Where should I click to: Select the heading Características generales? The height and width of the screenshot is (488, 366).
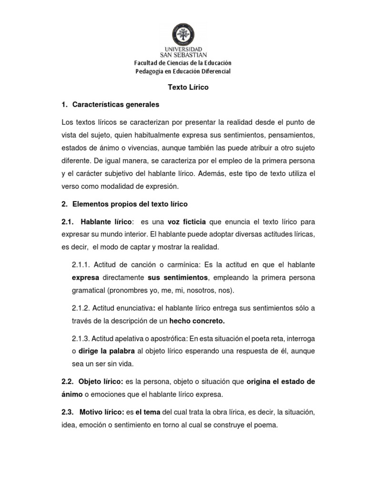(x=116, y=104)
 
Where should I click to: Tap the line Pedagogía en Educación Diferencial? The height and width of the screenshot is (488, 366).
(x=183, y=71)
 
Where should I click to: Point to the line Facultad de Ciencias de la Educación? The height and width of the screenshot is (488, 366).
(x=183, y=63)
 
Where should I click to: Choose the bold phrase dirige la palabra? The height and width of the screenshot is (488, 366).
(x=106, y=352)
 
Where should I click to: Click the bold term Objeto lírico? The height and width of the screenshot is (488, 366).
(x=101, y=382)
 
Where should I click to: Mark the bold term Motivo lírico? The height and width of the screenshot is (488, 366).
(x=102, y=412)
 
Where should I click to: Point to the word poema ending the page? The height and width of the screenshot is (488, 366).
(x=265, y=425)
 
